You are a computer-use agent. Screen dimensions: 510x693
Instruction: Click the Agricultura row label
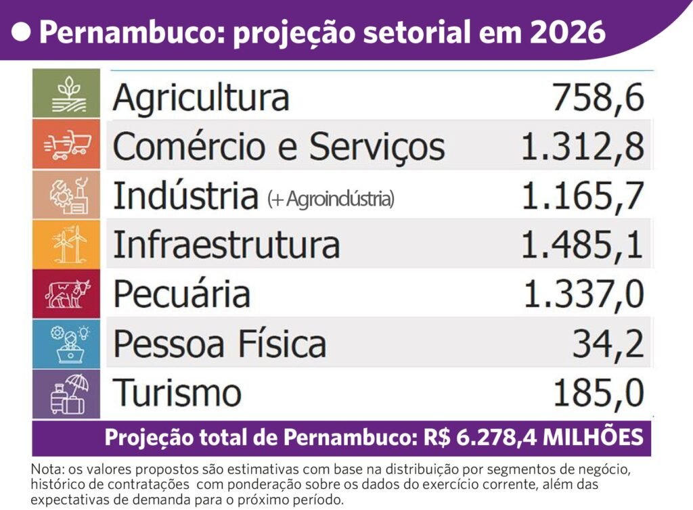tap(201, 98)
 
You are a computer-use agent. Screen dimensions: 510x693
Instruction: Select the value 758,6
tap(598, 99)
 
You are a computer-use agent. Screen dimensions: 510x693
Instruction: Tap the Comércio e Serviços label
tap(279, 146)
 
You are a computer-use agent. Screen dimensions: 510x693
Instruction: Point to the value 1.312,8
tap(581, 146)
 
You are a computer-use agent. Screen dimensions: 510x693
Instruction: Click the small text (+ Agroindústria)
tap(330, 199)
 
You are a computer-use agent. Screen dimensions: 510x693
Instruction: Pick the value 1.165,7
tap(581, 196)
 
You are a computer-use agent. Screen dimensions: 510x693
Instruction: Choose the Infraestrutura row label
tap(226, 245)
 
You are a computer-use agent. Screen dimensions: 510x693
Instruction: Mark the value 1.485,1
tap(581, 245)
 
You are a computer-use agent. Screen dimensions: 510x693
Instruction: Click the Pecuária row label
tap(181, 294)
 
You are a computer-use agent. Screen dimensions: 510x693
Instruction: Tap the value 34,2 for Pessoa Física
tap(607, 343)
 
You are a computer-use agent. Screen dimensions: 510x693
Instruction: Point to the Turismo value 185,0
tap(598, 393)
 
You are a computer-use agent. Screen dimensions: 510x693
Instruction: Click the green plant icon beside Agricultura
tap(66, 93)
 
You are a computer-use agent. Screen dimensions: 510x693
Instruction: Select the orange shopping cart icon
tap(66, 144)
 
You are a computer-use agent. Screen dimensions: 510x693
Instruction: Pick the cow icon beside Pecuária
tap(66, 294)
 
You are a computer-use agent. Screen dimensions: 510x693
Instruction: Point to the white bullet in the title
tap(23, 31)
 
